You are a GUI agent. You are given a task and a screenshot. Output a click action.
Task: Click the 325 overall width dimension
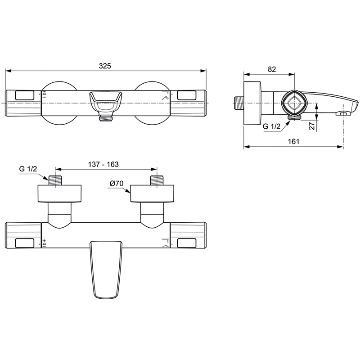click(x=105, y=66)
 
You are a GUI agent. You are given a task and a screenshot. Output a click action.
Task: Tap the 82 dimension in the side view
click(x=272, y=69)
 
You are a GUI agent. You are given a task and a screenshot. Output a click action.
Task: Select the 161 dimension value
click(x=294, y=141)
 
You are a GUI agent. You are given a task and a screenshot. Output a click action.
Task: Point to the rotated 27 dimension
click(x=312, y=126)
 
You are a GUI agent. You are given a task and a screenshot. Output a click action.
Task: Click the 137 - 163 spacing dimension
click(x=103, y=164)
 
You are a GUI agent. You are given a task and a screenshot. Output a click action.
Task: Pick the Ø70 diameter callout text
click(x=117, y=183)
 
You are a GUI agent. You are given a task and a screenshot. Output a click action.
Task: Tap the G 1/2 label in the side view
click(x=272, y=126)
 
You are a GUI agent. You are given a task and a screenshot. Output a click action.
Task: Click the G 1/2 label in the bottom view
click(x=28, y=169)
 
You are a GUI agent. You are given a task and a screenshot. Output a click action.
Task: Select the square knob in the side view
click(x=292, y=103)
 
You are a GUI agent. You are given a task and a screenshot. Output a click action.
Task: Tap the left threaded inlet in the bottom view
click(x=55, y=180)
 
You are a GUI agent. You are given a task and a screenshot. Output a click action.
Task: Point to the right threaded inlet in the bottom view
click(x=157, y=180)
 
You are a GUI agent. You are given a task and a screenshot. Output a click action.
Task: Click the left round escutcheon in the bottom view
click(x=59, y=193)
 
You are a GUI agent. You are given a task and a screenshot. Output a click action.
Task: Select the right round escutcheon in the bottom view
click(x=152, y=193)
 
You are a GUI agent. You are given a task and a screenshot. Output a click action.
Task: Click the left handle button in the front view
click(x=25, y=95)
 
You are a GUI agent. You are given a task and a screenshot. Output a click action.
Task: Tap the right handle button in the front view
click(x=187, y=95)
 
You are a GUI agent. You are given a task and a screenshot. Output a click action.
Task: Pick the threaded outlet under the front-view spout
click(x=106, y=118)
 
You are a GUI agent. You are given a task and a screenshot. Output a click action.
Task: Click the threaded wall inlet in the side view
click(x=239, y=103)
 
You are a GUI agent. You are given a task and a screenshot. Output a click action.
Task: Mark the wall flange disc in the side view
click(x=252, y=103)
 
